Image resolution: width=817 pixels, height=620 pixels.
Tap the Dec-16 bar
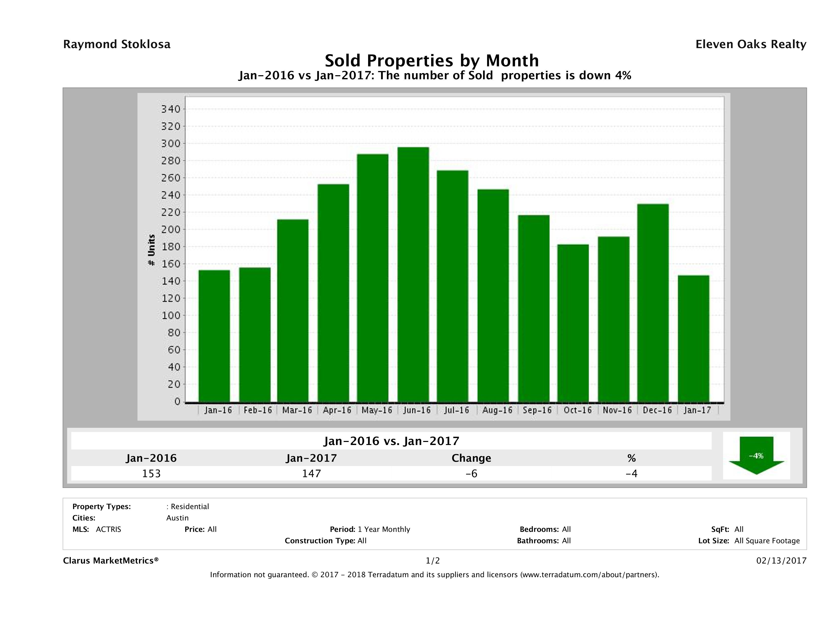[x=653, y=303]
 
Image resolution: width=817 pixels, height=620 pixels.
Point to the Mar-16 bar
[x=293, y=310]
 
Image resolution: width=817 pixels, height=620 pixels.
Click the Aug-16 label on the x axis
[x=497, y=410]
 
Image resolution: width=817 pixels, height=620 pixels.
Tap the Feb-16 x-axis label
[x=258, y=410]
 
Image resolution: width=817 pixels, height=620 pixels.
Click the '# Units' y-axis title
[x=151, y=250]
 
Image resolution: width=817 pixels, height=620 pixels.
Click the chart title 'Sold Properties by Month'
[x=431, y=60]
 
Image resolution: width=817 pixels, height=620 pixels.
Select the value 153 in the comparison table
[x=151, y=473]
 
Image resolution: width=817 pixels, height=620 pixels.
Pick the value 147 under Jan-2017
[x=311, y=473]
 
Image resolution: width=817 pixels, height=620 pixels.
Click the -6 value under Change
[x=471, y=473]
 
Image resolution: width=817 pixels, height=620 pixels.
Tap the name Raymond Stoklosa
[x=117, y=44]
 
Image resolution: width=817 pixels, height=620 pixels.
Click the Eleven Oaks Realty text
[x=750, y=44]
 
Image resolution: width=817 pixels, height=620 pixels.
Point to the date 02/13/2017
[x=781, y=560]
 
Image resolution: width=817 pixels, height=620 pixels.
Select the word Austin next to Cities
[x=177, y=518]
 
